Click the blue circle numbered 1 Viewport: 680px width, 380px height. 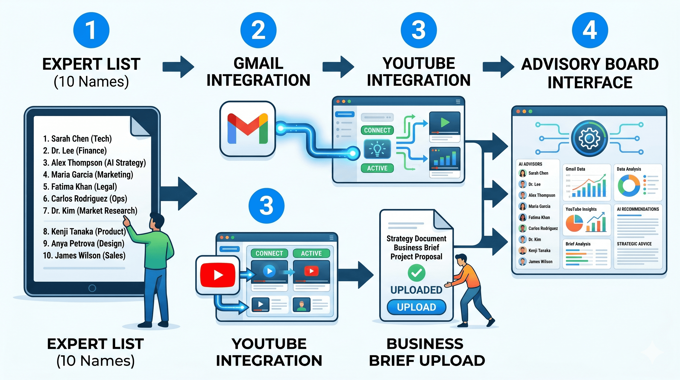click(x=91, y=30)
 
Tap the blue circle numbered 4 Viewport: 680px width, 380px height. click(x=590, y=30)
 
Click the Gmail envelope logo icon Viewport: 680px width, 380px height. click(x=248, y=129)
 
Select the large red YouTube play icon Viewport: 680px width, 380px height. click(x=218, y=275)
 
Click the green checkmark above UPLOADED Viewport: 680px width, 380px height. click(x=416, y=273)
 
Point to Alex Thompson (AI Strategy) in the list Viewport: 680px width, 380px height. click(x=94, y=163)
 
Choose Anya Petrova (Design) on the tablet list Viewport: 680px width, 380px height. click(x=84, y=243)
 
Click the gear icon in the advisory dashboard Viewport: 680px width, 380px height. click(x=590, y=138)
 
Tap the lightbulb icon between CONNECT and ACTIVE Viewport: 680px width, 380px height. click(x=377, y=149)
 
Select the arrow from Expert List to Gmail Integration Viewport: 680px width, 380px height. click(x=178, y=67)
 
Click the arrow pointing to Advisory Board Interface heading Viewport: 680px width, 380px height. click(x=498, y=67)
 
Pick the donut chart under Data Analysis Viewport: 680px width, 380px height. click(x=629, y=186)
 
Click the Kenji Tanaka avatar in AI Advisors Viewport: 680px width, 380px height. click(x=522, y=250)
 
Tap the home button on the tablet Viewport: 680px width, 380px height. click(x=92, y=288)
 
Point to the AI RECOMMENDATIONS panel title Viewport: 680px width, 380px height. click(x=638, y=209)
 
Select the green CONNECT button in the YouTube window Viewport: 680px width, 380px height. click(x=269, y=253)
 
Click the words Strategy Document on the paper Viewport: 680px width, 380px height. click(x=416, y=239)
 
